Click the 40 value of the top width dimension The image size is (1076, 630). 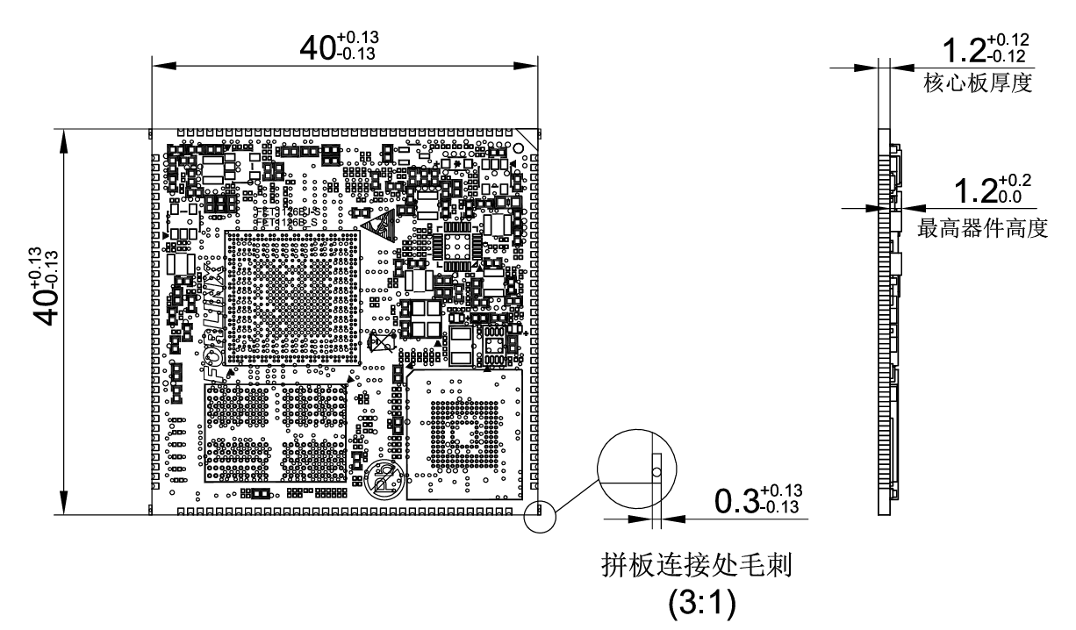[318, 48]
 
